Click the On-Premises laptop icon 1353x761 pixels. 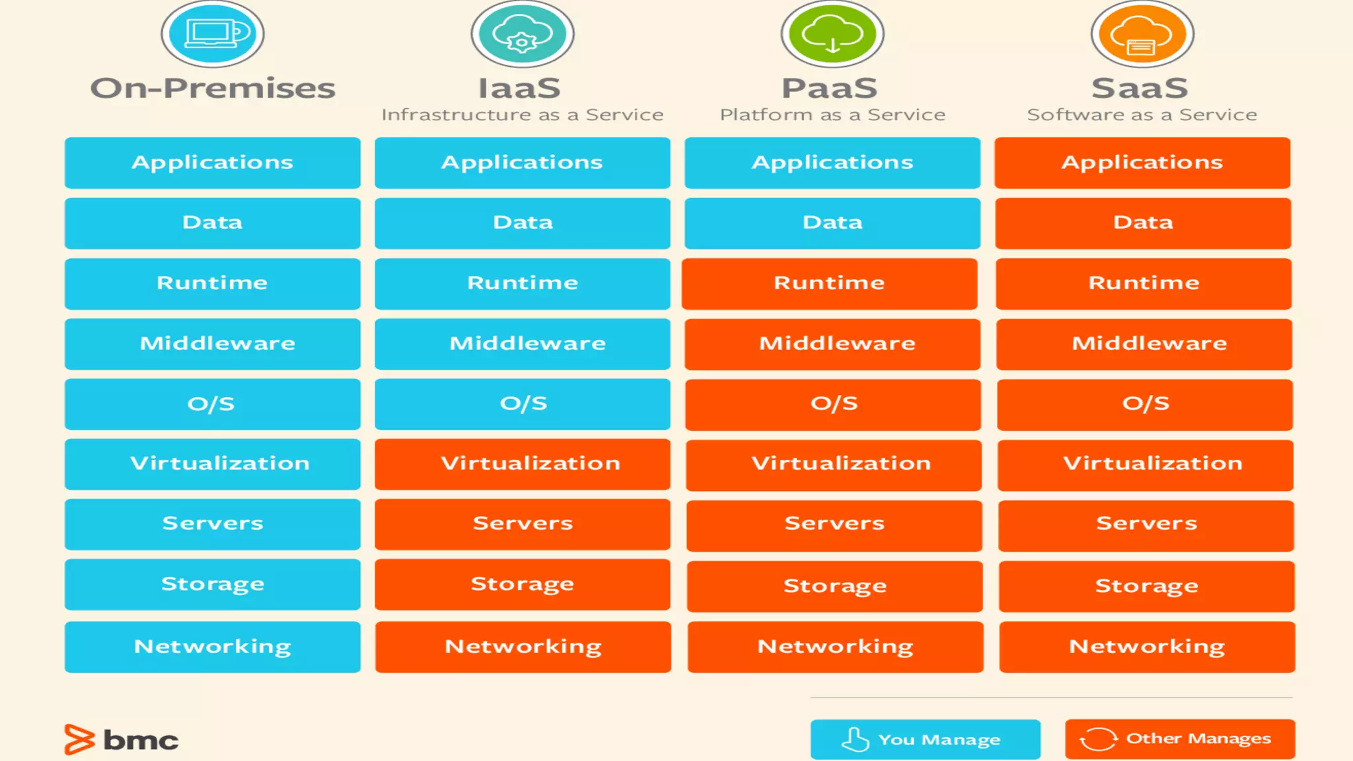pos(213,34)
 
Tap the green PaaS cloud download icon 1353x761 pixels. pos(832,34)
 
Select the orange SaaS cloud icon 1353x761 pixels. pos(1142,34)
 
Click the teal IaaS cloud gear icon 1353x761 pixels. pos(523,34)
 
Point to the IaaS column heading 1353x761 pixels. pos(519,89)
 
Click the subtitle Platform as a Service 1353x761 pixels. pos(832,115)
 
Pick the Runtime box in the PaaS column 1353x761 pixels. pos(830,283)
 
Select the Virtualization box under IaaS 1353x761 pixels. pos(523,464)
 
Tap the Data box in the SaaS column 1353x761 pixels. pos(1143,223)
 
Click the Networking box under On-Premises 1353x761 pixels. pos(213,647)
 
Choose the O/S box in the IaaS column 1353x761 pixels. pos(523,404)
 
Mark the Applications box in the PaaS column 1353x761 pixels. pos(832,163)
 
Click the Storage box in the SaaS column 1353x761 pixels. pos(1146,586)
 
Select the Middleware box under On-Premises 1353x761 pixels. pos(213,344)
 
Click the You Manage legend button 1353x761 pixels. pos(925,739)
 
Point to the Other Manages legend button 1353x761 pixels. pos(1180,739)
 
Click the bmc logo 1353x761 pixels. pos(122,740)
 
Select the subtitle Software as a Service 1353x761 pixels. pos(1142,115)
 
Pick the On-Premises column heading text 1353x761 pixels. pos(213,89)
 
